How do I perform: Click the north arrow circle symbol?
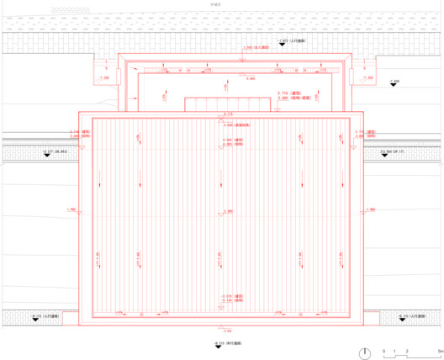click(x=365, y=352)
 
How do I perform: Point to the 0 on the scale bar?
click(x=383, y=348)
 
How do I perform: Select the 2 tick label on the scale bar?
click(x=406, y=348)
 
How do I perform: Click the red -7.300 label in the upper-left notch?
click(x=104, y=77)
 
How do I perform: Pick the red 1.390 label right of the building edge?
click(x=371, y=209)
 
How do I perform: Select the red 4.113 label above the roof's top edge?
click(x=227, y=112)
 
